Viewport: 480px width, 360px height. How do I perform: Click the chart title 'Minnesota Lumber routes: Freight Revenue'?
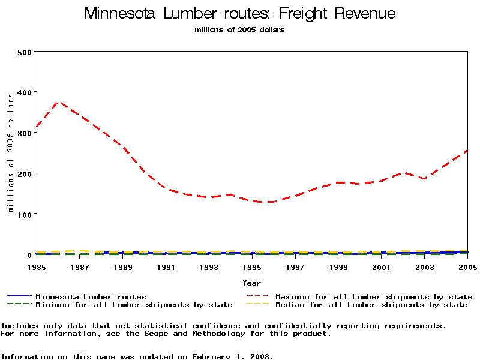pyautogui.click(x=240, y=13)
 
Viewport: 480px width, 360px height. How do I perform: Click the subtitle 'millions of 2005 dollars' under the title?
pyautogui.click(x=240, y=30)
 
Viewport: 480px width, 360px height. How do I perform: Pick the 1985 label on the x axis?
pyautogui.click(x=37, y=266)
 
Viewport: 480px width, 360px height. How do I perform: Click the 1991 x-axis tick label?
pyautogui.click(x=166, y=266)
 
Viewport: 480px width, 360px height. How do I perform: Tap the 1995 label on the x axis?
pyautogui.click(x=253, y=266)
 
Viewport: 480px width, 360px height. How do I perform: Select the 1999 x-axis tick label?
pyautogui.click(x=338, y=266)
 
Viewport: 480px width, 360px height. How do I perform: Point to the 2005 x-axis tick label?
pyautogui.click(x=467, y=266)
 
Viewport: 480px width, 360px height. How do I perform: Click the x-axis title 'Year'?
pyautogui.click(x=252, y=283)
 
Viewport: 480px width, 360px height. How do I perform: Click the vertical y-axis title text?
pyautogui.click(x=11, y=152)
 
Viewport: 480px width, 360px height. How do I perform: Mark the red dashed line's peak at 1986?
pyautogui.click(x=59, y=102)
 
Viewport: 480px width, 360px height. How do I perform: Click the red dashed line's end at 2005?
pyautogui.click(x=467, y=151)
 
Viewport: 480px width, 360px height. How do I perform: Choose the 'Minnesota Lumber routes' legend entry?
pyautogui.click(x=91, y=296)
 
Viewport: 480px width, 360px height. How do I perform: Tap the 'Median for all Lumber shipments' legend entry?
pyautogui.click(x=371, y=305)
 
